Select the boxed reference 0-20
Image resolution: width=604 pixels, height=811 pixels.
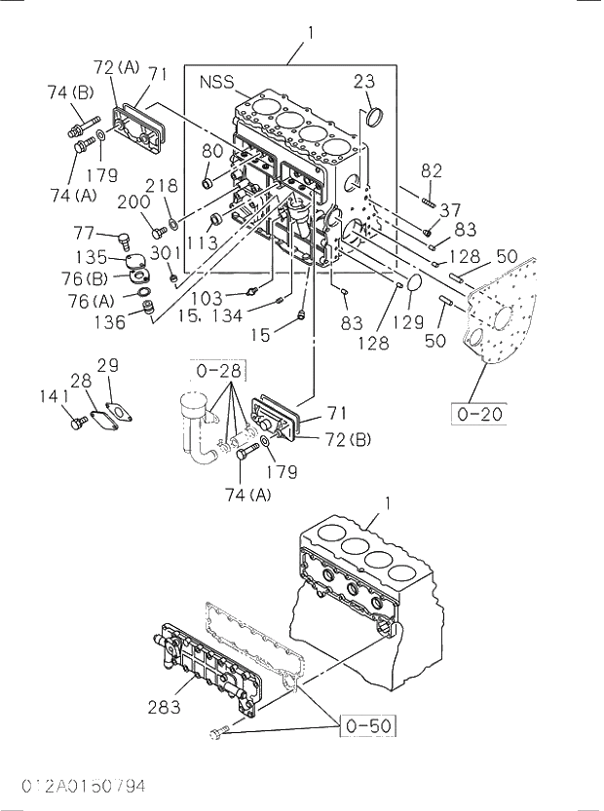click(479, 414)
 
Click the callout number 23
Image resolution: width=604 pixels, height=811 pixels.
click(363, 82)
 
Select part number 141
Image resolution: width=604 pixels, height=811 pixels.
click(55, 395)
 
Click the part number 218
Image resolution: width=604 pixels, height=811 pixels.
click(162, 186)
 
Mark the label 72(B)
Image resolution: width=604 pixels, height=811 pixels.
click(348, 441)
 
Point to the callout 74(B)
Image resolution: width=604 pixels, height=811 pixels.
click(70, 92)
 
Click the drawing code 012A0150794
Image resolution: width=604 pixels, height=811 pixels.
click(75, 786)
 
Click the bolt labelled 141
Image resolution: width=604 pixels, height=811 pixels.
click(77, 423)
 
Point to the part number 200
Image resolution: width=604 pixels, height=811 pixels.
click(132, 203)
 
